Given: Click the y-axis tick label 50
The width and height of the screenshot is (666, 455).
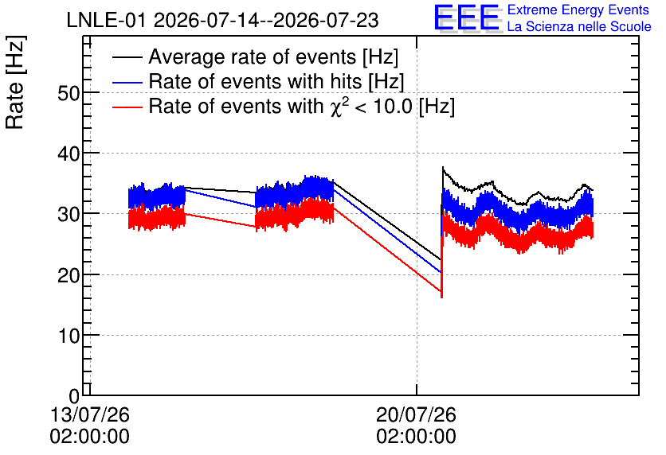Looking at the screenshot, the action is coord(69,93).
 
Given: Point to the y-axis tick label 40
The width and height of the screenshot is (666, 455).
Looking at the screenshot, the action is coord(69,154).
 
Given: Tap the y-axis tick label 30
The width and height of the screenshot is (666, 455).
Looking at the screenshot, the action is coord(69,215).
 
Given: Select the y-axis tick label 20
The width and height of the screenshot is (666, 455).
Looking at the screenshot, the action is coord(69,275).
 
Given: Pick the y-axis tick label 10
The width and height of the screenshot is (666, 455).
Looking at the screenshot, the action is coord(69,336).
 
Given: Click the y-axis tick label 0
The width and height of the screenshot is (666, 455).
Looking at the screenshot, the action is coord(74,396).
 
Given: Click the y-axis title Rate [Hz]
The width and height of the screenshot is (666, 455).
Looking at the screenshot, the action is coord(15,82).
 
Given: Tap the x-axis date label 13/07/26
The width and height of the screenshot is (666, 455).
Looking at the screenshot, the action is coord(89,414).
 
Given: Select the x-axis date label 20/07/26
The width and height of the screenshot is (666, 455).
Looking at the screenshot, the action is coord(416,414).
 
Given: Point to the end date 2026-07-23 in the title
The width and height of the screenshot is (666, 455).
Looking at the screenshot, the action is coord(326,21).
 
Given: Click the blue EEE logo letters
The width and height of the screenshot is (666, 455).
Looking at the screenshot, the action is coord(468,17).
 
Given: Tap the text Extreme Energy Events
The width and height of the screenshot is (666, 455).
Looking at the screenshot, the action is coord(578,10).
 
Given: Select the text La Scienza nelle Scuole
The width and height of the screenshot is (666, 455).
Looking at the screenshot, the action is coord(579,27).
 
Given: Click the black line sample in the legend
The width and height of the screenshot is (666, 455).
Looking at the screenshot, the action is coord(127,56).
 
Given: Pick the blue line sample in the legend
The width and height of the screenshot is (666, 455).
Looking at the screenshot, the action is coord(127,82).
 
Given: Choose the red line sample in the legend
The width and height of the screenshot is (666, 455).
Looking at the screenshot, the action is coord(127,107).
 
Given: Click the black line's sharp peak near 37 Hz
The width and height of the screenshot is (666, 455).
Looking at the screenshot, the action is coord(443,168).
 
